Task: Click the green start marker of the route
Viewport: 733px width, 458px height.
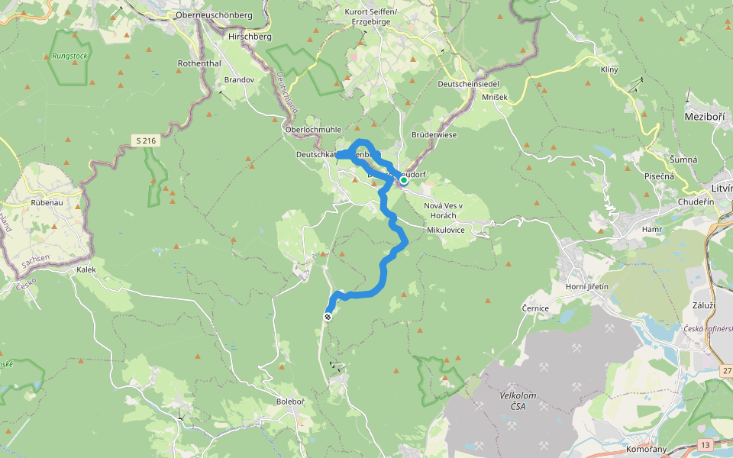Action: (x=403, y=180)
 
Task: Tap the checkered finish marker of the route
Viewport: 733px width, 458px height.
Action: (x=328, y=317)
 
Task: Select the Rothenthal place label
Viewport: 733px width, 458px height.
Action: (x=199, y=63)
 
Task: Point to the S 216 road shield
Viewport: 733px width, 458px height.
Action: (x=147, y=140)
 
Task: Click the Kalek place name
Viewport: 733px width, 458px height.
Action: (x=86, y=270)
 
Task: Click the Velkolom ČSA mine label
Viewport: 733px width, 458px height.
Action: (x=519, y=400)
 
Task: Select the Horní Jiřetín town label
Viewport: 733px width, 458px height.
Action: (x=586, y=286)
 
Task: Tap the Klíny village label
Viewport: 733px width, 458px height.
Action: (x=609, y=70)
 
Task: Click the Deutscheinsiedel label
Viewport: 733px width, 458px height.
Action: (x=468, y=84)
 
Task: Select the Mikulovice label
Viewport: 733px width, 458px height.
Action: (x=446, y=229)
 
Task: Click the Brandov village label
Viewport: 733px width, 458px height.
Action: (x=239, y=79)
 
